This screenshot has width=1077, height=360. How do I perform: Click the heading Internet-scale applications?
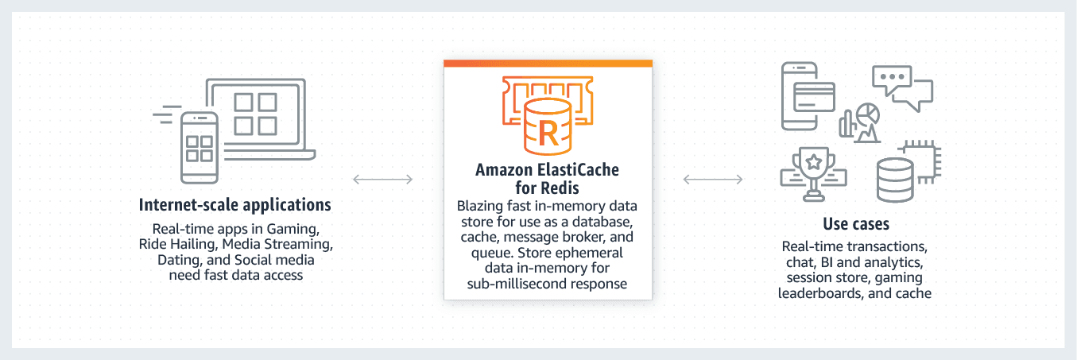[x=234, y=205]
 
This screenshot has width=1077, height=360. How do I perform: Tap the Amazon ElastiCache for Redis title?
[x=547, y=178]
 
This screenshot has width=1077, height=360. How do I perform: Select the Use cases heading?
[x=856, y=224]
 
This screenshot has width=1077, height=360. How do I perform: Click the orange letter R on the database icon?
[x=548, y=134]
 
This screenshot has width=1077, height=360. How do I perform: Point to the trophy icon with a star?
[x=814, y=173]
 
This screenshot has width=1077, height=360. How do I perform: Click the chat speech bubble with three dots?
[x=892, y=80]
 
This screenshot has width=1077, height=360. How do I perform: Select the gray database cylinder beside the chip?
[x=895, y=180]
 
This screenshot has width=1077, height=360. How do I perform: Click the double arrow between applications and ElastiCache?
[x=383, y=180]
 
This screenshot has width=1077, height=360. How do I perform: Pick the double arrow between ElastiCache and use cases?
[x=713, y=180]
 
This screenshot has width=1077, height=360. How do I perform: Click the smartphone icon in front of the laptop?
[x=199, y=148]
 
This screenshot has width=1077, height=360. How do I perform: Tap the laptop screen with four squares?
[x=256, y=114]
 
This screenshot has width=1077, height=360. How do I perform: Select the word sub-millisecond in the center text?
[x=509, y=284]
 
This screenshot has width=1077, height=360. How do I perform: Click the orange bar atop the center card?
[x=548, y=64]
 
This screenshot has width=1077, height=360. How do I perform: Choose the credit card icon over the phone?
[x=814, y=97]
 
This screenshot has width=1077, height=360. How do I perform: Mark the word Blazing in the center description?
[x=479, y=206]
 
